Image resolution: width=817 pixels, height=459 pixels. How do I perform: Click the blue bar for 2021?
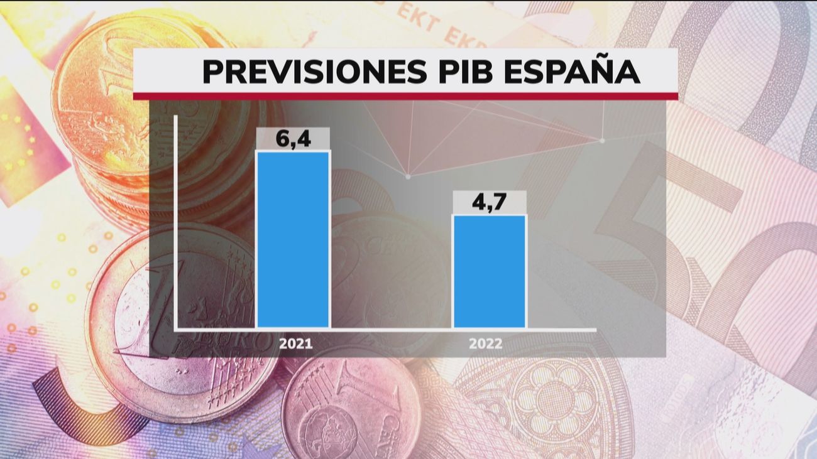click(x=293, y=239)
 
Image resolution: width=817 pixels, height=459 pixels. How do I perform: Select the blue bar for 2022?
click(x=489, y=271)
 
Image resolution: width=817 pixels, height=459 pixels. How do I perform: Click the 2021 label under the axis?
click(x=295, y=344)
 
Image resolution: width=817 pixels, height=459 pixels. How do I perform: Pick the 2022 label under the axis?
click(x=486, y=344)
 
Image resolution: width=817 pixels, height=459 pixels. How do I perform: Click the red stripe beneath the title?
click(x=405, y=96)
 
